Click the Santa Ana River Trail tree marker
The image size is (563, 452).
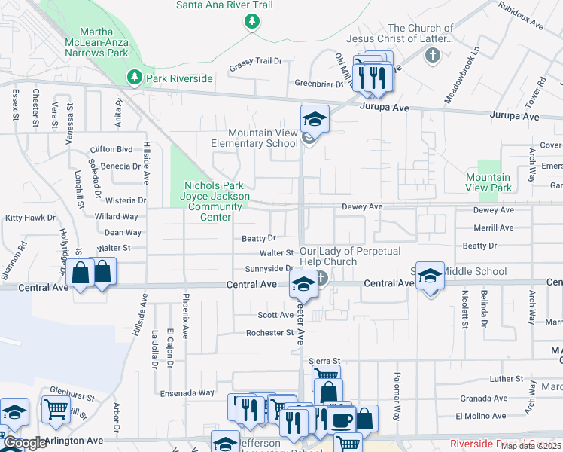(251, 23)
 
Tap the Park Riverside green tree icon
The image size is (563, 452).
(135, 77)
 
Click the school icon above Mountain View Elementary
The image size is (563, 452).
(315, 118)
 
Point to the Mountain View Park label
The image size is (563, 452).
(488, 182)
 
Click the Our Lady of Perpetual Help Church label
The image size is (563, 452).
(350, 256)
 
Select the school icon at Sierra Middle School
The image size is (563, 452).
(429, 276)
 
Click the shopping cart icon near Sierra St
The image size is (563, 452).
(325, 376)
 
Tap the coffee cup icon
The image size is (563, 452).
(340, 419)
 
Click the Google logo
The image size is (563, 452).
(24, 443)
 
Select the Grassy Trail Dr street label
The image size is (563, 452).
(255, 61)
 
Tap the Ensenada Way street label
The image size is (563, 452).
(187, 393)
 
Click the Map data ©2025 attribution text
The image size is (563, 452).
(531, 446)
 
